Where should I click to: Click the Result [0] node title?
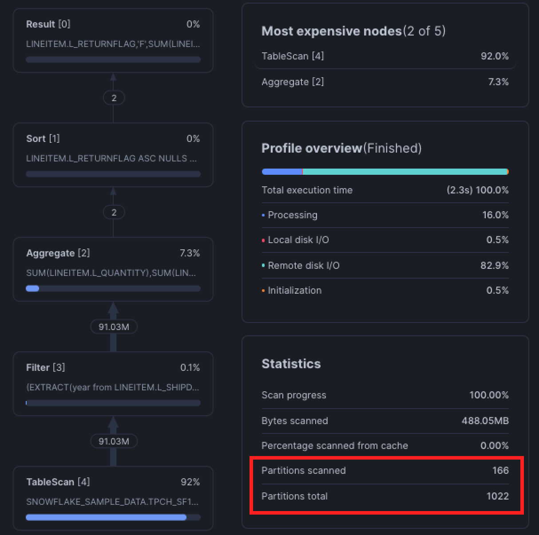point(48,24)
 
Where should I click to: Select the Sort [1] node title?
point(43,139)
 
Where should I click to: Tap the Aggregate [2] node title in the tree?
point(58,253)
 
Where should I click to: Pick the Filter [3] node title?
point(45,368)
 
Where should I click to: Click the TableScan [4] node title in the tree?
point(58,482)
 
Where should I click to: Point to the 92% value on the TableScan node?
point(190,482)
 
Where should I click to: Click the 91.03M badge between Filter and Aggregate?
point(114,327)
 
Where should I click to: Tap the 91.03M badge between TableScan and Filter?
point(114,441)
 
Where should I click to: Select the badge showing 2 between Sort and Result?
point(114,98)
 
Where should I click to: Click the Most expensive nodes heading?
point(331,31)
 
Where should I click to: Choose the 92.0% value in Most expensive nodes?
point(494,56)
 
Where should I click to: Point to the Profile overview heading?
point(312,148)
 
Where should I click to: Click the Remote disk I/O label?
point(303,266)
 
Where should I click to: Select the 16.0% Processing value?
point(495,215)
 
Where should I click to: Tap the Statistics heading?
point(291,364)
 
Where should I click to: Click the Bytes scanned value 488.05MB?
point(485,421)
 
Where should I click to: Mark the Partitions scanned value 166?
point(500,471)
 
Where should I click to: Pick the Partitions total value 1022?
point(497,496)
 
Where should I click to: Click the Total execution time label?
point(307,190)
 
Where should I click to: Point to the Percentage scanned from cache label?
point(334,446)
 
